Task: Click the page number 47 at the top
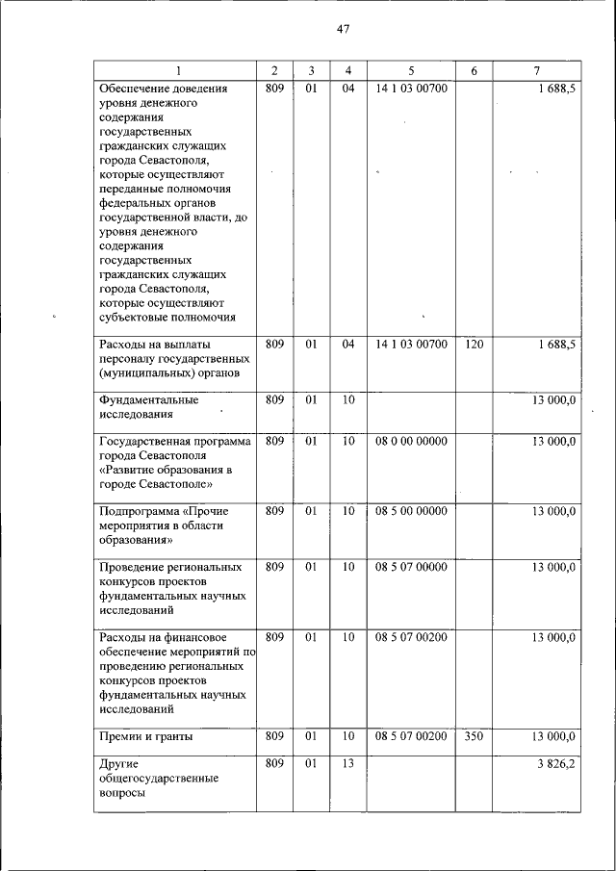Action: point(343,29)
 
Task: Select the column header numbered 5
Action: point(411,71)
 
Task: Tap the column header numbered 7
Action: point(536,71)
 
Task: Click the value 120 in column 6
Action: point(474,344)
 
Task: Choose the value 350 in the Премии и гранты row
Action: point(474,737)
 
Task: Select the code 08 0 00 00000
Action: point(411,441)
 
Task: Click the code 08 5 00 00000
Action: point(411,511)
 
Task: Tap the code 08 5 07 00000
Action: point(411,567)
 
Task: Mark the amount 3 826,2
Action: point(554,764)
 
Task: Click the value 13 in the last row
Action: point(347,764)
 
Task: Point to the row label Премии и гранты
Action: point(145,737)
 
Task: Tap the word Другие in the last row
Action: point(119,764)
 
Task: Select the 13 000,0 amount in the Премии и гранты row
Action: point(553,737)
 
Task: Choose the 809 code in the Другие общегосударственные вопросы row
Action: point(274,764)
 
